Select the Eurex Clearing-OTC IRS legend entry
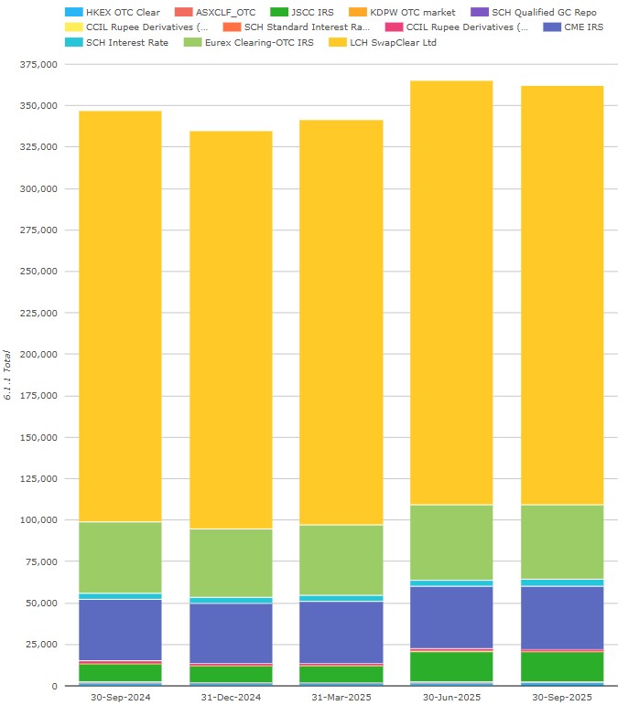247,42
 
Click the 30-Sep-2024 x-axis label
120,698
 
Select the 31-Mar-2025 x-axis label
341,698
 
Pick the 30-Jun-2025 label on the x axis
452,698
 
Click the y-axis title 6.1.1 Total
8,375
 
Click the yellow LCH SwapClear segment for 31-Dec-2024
231,329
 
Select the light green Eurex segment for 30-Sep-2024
120,558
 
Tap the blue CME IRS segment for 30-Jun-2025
452,617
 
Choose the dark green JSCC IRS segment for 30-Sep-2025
562,667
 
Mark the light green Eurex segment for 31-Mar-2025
341,560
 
